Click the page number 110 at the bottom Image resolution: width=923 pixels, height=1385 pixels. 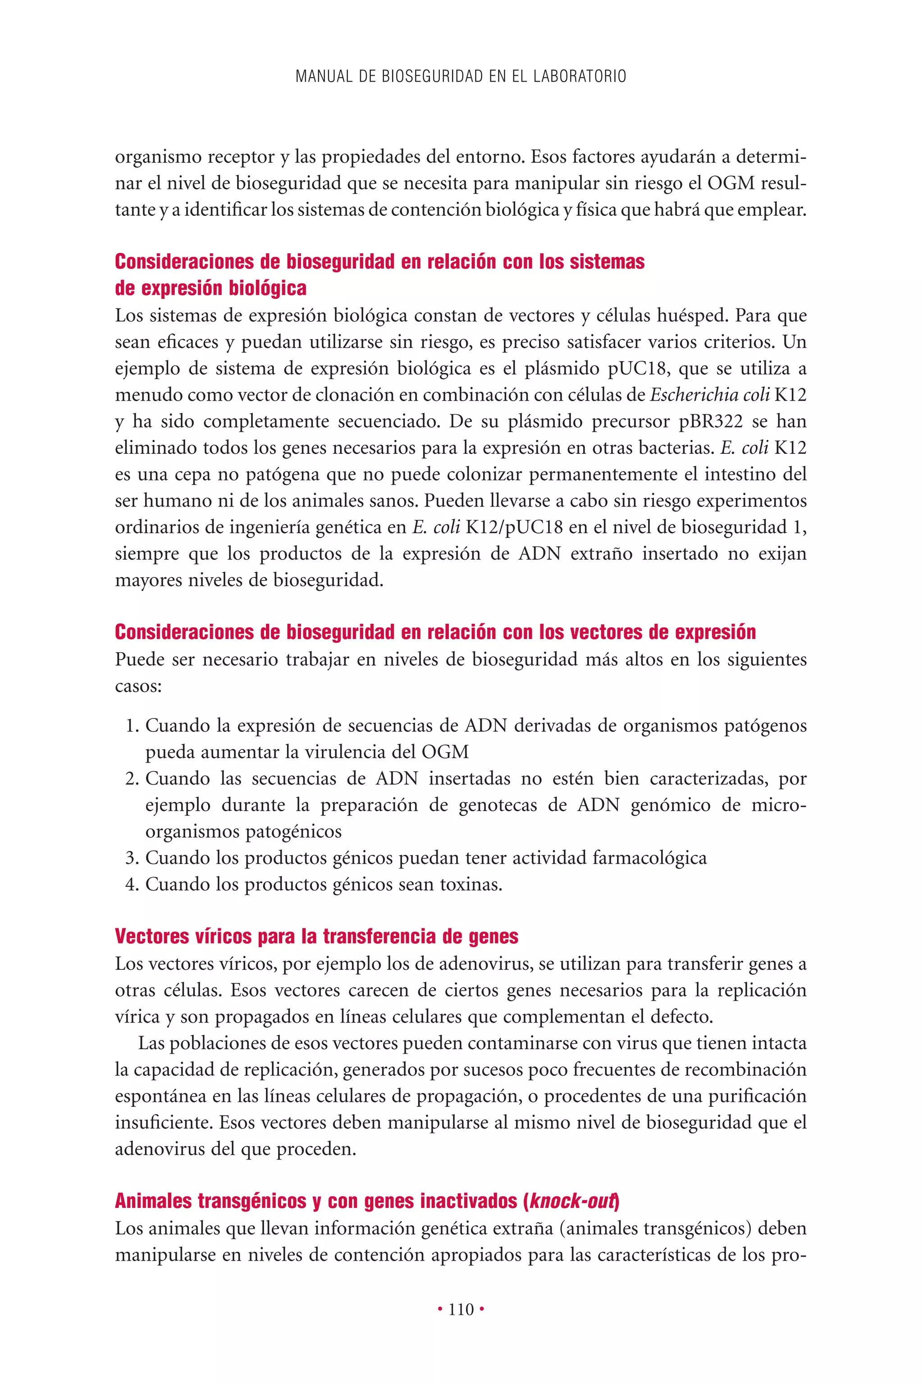pyautogui.click(x=461, y=1309)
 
